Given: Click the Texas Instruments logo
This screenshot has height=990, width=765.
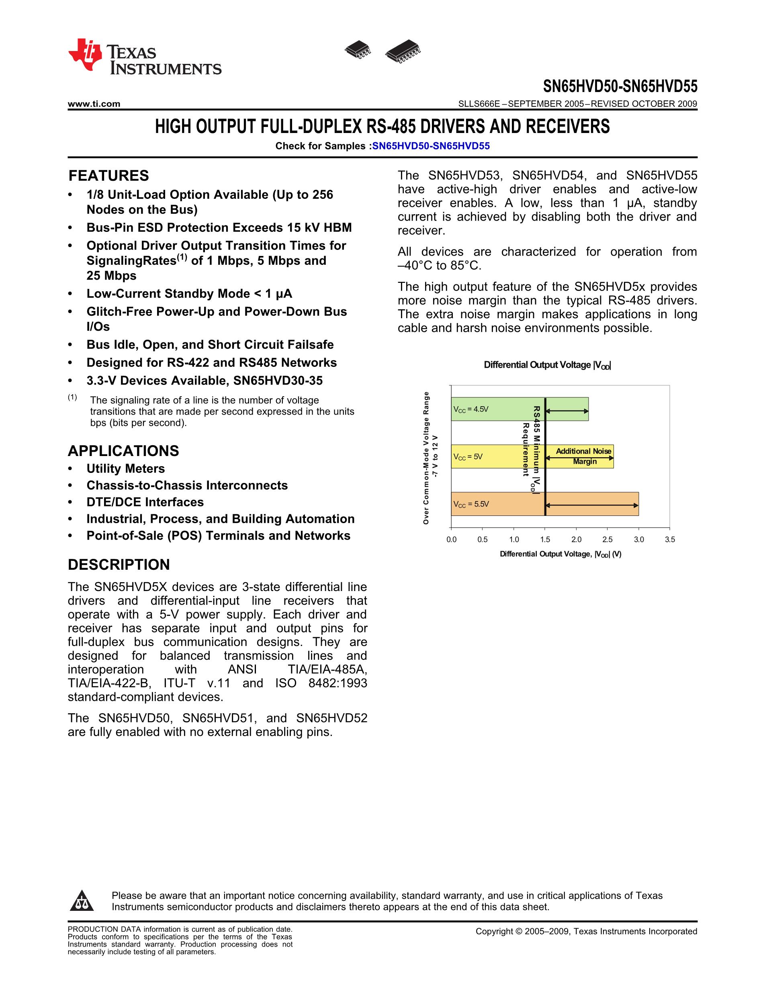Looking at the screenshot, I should [144, 57].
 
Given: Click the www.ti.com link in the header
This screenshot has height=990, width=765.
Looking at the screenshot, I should [94, 104].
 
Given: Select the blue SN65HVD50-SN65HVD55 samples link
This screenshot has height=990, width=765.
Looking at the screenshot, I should [431, 146].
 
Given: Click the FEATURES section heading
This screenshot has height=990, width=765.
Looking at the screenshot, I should [108, 176].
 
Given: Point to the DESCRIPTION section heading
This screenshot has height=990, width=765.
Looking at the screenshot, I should [119, 565].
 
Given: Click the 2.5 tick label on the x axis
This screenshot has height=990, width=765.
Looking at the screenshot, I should [607, 540].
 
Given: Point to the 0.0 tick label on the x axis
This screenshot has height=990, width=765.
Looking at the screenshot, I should [451, 540].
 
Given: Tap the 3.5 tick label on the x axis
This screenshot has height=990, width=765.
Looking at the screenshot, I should [669, 540].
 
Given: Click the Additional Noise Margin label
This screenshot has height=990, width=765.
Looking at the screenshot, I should [584, 456].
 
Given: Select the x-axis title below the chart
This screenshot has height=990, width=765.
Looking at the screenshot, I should [560, 554].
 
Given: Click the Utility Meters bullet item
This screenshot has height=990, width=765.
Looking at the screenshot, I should [125, 469].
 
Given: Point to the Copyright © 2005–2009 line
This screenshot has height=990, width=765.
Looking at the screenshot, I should [586, 931].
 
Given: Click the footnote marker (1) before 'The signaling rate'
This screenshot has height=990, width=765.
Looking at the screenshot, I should [72, 397].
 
